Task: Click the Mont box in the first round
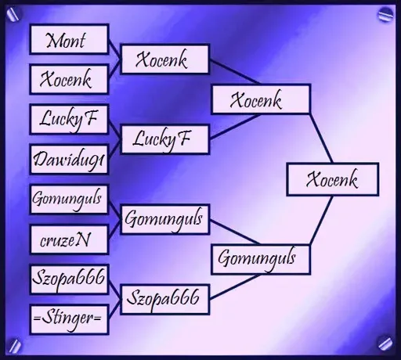(x=69, y=39)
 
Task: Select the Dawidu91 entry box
(x=69, y=160)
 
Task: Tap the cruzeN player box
(x=69, y=239)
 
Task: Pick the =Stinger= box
(x=69, y=319)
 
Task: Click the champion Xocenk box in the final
(x=333, y=179)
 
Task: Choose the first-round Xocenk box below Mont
(x=69, y=79)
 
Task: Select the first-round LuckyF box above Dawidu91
(x=69, y=119)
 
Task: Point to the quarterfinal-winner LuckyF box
(x=164, y=139)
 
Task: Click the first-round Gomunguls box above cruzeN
(x=69, y=200)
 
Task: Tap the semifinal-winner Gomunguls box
(x=261, y=259)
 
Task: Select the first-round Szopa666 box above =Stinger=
(x=69, y=279)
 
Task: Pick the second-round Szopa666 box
(x=164, y=300)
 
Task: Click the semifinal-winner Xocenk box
(x=261, y=99)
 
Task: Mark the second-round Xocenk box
(x=164, y=59)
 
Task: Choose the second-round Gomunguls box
(x=164, y=219)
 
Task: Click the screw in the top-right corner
(x=385, y=15)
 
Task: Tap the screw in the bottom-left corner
(x=15, y=345)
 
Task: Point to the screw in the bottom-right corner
(x=385, y=344)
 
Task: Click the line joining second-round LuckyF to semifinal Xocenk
(x=235, y=127)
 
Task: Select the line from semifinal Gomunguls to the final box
(x=321, y=221)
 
